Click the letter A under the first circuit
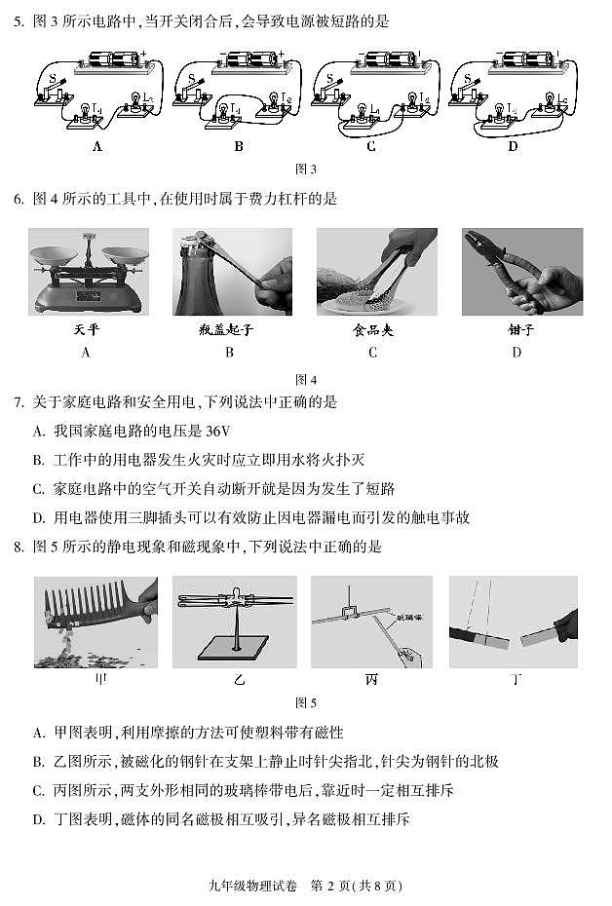96,147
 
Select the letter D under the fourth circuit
513,147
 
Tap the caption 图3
305,170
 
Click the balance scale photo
89,272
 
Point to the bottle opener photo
232,272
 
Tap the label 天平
87,330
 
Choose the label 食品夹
372,330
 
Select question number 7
18,402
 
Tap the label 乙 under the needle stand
234,680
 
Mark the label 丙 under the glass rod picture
371,680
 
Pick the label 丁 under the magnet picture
514,680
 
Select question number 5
18,20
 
